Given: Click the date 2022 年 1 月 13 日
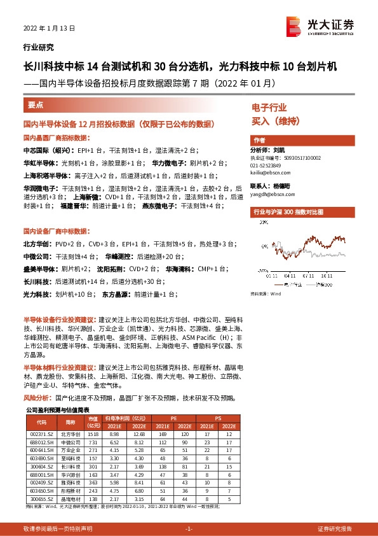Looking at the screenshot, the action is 49,29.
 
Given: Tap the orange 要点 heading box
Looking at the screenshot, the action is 36,104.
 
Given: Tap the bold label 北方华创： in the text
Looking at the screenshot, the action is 36,244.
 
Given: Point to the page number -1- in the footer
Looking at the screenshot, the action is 188,529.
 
